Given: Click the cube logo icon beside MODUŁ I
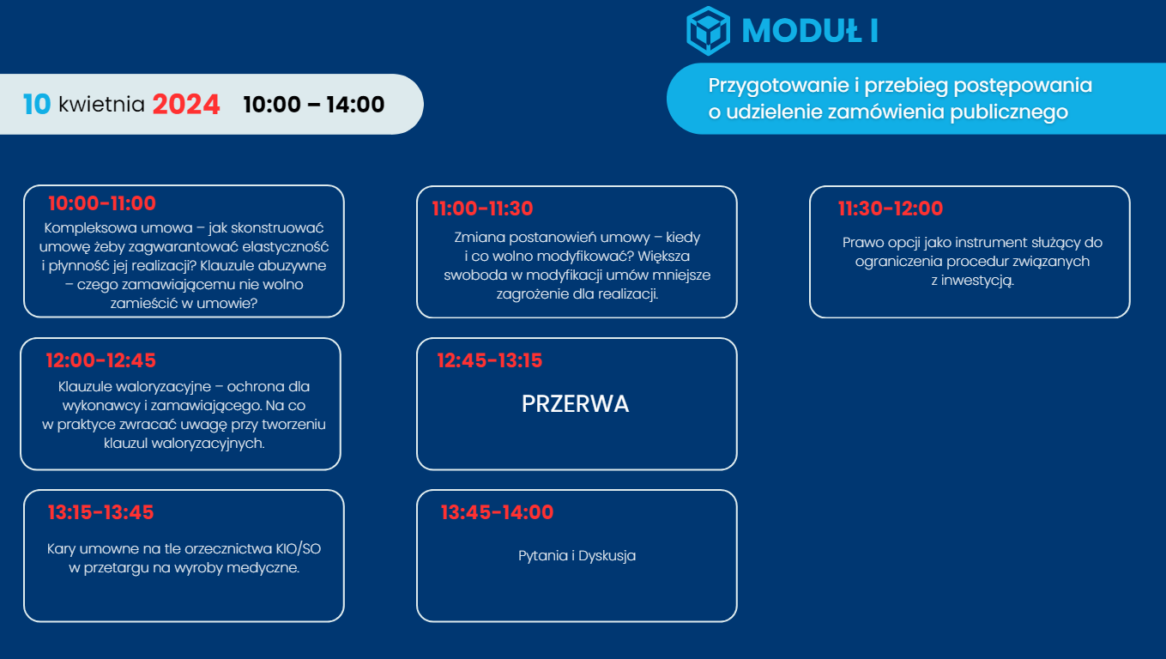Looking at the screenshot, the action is (708, 31).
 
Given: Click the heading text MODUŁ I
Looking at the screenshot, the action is (810, 31).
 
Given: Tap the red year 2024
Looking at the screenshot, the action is (186, 104).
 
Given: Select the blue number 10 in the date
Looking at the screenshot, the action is (37, 104).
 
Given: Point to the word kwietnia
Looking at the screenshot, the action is (101, 104).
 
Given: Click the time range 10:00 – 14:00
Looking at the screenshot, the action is (314, 104).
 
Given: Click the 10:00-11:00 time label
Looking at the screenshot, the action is (102, 203).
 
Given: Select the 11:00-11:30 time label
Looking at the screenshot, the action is (482, 209).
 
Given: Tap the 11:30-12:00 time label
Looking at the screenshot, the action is (891, 209).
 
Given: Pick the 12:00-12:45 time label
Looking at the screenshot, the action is (101, 360).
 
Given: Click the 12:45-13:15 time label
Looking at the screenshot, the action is (490, 360).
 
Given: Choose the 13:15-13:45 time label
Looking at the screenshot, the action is (101, 512).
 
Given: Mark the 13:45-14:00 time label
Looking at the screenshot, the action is (497, 512).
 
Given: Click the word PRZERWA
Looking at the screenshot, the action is (575, 404).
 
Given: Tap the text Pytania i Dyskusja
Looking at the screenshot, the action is (577, 556).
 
